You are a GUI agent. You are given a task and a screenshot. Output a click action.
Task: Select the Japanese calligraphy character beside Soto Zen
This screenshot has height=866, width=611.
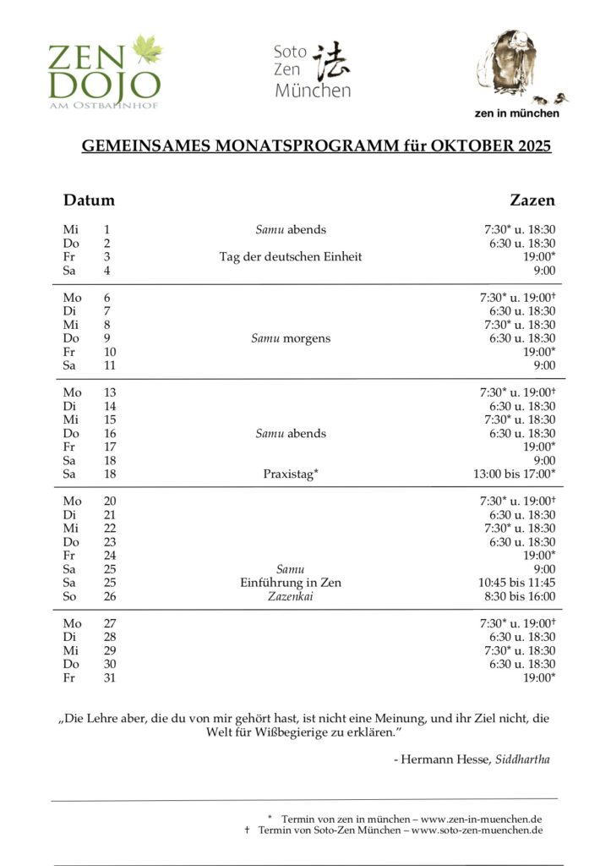pos(330,58)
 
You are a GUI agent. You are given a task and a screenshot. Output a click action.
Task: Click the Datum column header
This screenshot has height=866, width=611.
pos(89,200)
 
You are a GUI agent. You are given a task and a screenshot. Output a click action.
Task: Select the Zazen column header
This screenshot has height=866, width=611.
pos(532,200)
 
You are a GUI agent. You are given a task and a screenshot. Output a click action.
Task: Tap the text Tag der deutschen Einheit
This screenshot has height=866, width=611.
pos(290,257)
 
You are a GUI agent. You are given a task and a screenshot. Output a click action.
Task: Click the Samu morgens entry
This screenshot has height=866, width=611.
pos(290,338)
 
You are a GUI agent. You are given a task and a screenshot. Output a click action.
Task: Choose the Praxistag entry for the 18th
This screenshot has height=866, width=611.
pos(290,474)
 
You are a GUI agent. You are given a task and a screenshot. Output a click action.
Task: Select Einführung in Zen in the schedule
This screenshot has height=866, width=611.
pos(290,583)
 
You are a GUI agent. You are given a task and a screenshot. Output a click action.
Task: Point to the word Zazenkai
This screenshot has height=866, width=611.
pos(290,596)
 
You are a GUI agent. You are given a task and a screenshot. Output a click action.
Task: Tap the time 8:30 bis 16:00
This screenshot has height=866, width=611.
pos(520,596)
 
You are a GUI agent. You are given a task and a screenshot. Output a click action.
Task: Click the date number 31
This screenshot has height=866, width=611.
pos(110,677)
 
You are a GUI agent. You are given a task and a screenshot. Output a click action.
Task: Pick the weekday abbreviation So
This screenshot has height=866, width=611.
pos(69,596)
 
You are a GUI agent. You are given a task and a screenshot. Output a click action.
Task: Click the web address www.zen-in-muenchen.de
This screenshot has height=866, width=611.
pos(482,819)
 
